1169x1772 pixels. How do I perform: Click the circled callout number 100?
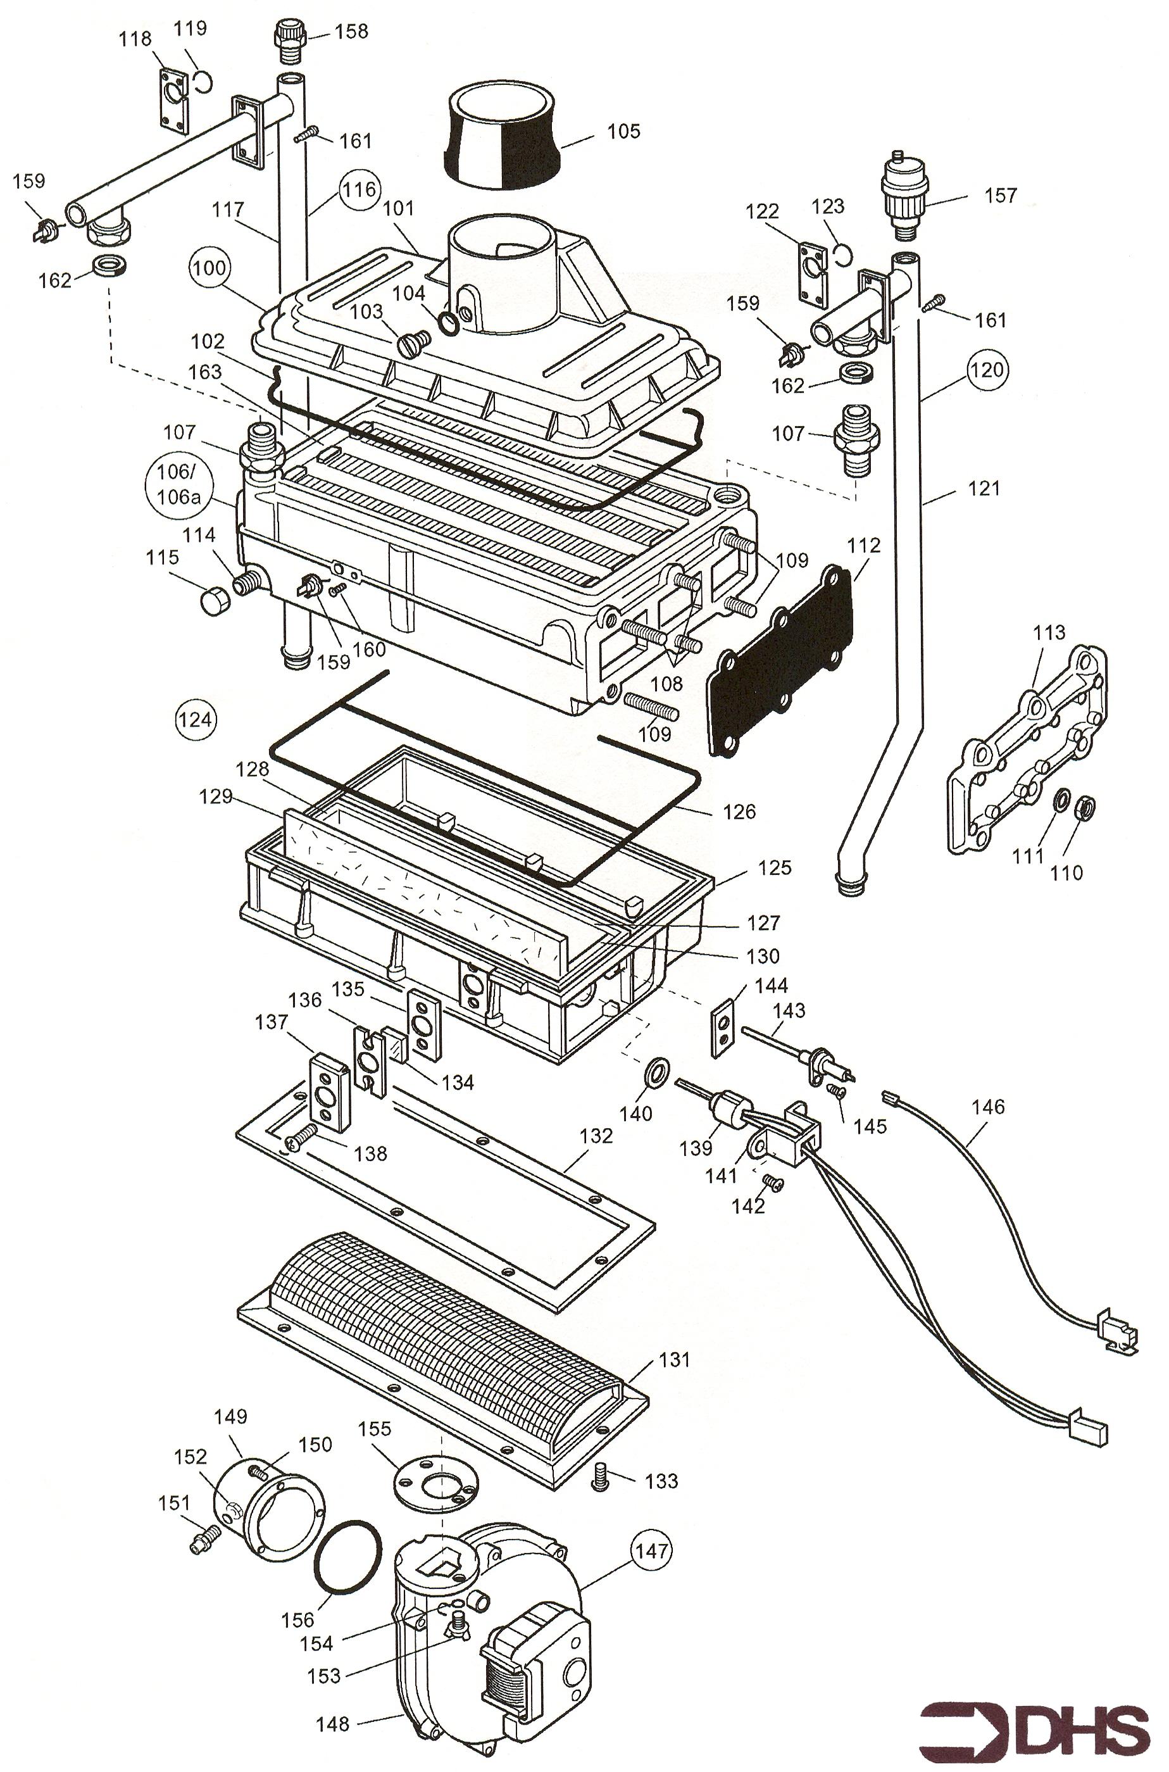(x=209, y=268)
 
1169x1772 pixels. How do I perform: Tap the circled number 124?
(x=196, y=720)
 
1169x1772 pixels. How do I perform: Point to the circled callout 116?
(x=359, y=189)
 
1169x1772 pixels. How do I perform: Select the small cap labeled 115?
(x=214, y=600)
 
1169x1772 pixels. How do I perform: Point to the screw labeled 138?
(x=299, y=1137)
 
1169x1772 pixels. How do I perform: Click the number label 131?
(x=674, y=1360)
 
